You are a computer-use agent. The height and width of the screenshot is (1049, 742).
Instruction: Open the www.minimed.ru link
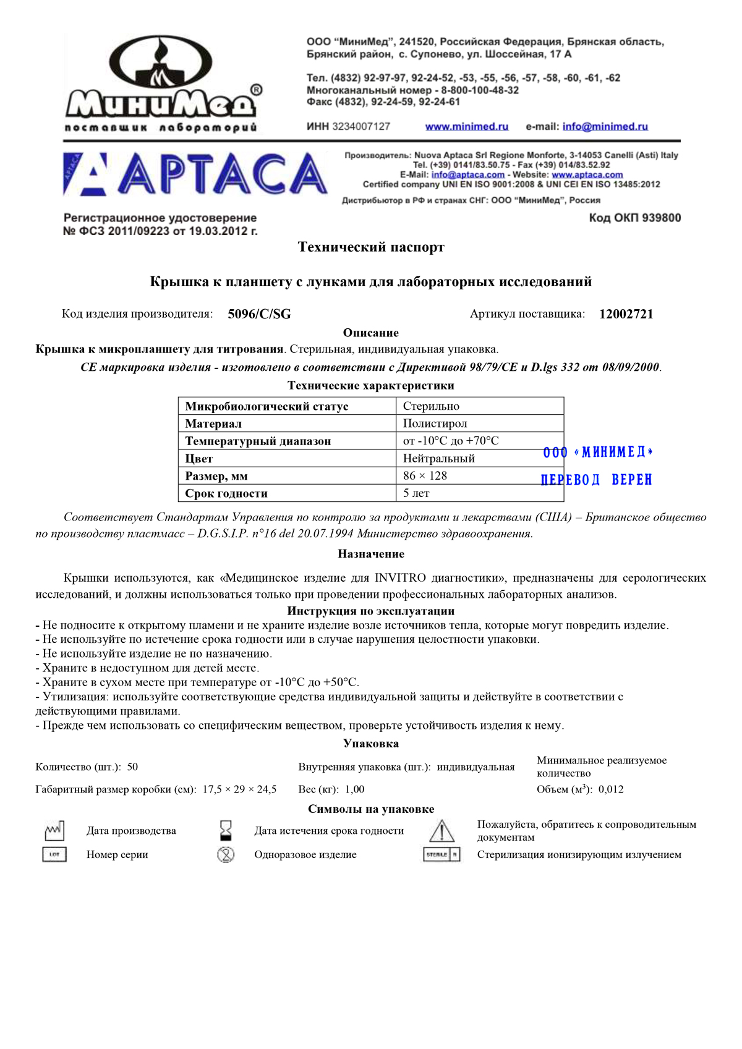[x=466, y=127]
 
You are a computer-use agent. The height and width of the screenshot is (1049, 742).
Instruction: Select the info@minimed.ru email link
[x=605, y=127]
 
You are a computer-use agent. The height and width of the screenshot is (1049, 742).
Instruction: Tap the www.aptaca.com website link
[x=587, y=175]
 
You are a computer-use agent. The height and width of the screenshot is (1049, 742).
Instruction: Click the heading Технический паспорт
[x=371, y=247]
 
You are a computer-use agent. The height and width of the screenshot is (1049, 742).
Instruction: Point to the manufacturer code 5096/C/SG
[x=259, y=314]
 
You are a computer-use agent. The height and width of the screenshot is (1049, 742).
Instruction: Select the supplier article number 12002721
[x=626, y=314]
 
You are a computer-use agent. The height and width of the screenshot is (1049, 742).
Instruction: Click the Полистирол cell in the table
[x=435, y=423]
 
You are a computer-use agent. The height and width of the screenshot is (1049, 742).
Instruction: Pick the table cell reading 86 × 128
[x=425, y=475]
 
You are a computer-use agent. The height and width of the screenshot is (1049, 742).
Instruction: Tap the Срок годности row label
[x=226, y=493]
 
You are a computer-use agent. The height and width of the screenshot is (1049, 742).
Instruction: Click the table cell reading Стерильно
[x=431, y=406]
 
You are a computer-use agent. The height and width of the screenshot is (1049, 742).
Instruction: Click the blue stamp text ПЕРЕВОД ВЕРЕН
[x=596, y=480]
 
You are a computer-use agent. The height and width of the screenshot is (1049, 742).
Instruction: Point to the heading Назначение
[x=371, y=554]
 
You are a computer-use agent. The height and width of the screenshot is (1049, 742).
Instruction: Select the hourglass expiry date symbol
[x=226, y=830]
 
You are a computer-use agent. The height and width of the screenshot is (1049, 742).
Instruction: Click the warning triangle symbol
[x=441, y=831]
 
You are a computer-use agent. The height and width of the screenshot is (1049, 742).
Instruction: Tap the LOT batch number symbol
[x=54, y=854]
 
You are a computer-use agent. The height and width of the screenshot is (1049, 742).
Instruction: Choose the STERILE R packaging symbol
[x=441, y=854]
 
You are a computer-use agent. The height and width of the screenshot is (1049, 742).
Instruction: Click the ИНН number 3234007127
[x=360, y=127]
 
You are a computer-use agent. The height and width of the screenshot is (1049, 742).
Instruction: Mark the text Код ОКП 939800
[x=634, y=218]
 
